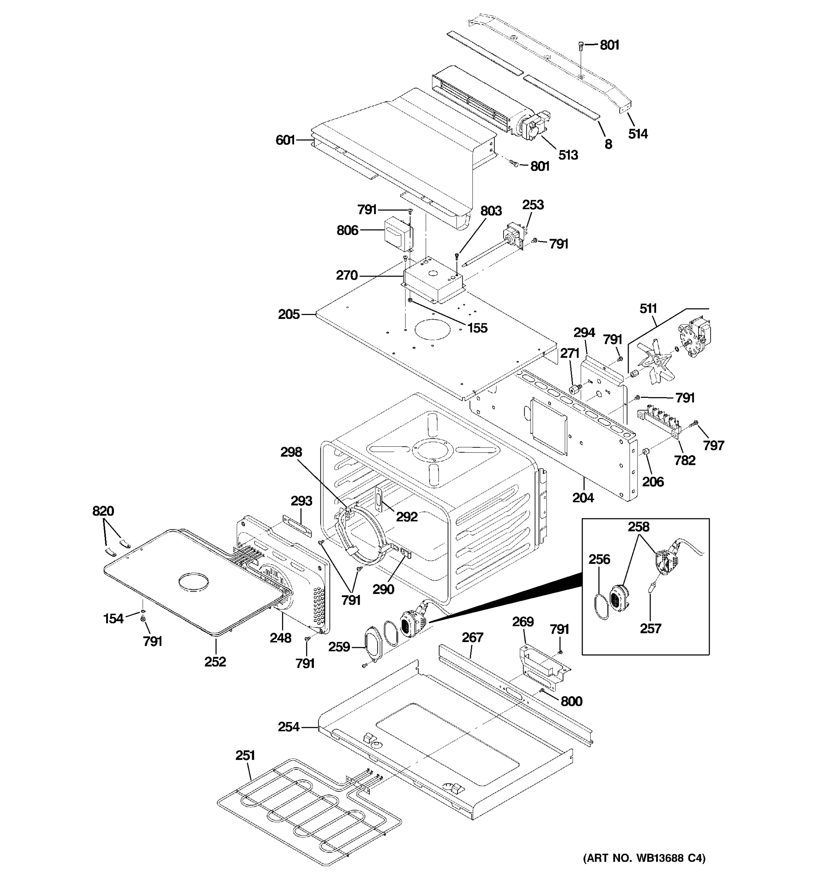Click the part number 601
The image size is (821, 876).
tap(285, 140)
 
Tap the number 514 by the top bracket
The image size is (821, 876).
tap(638, 134)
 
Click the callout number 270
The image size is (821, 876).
tap(347, 276)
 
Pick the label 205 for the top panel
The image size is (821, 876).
tap(289, 314)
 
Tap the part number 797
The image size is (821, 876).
tap(713, 446)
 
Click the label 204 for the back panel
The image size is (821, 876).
tap(583, 498)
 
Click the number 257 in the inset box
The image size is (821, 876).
tap(651, 629)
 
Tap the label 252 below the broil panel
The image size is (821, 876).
tap(215, 662)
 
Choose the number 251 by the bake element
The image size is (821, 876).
tap(245, 755)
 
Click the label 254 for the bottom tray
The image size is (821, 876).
tap(289, 727)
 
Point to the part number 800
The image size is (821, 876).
tap(571, 701)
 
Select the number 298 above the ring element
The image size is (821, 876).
tap(291, 452)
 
